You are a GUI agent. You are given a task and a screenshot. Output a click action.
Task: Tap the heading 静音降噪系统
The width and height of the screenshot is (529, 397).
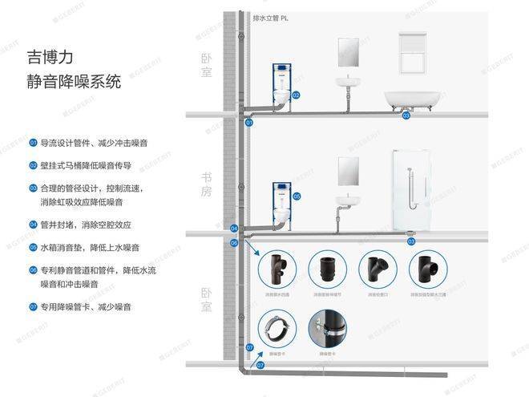click(x=73, y=82)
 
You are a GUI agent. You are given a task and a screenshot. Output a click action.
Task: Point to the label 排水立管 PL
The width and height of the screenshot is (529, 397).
click(x=269, y=18)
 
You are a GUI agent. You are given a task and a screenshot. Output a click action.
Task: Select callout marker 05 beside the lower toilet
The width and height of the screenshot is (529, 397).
click(x=296, y=196)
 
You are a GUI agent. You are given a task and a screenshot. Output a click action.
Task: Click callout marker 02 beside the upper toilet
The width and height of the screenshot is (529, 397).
click(x=296, y=95)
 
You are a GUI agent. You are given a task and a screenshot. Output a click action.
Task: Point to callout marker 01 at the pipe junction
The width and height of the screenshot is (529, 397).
click(x=248, y=123)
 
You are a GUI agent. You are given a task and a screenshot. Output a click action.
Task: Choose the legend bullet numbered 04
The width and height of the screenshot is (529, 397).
click(x=33, y=225)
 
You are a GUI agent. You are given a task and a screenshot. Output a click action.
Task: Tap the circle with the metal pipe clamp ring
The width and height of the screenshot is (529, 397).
click(x=277, y=329)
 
